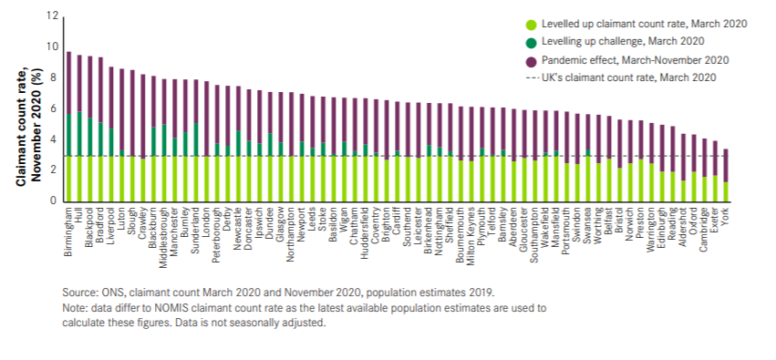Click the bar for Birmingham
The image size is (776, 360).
pos(68,128)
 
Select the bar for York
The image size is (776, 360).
pos(726,178)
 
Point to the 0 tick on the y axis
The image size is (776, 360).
pos(54,201)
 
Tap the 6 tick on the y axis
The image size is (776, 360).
pos(54,108)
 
